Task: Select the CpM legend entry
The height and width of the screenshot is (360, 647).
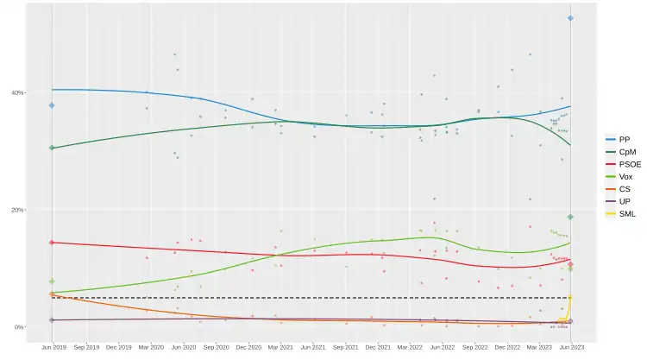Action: click(x=625, y=151)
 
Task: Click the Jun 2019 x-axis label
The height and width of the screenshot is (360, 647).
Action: click(x=53, y=347)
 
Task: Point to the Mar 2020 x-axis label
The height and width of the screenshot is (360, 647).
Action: click(x=150, y=347)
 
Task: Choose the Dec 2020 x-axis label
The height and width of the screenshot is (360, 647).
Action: click(x=248, y=347)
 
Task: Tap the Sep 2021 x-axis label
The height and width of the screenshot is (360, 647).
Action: click(x=345, y=347)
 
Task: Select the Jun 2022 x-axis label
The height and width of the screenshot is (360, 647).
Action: click(x=442, y=347)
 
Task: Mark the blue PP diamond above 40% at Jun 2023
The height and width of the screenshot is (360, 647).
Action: click(x=570, y=18)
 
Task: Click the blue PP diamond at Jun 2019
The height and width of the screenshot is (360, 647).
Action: click(x=52, y=105)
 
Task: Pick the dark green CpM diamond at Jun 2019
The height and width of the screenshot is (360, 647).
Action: click(x=52, y=148)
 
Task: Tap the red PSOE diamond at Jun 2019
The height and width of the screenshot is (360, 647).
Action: click(x=52, y=243)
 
